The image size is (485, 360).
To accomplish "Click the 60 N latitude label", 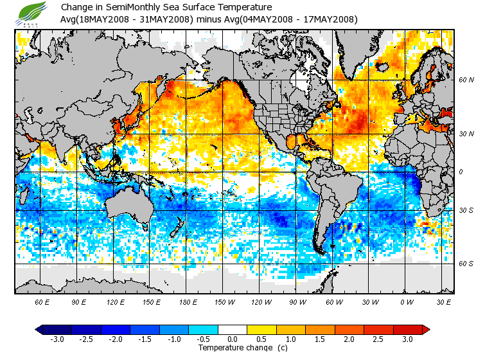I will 466,80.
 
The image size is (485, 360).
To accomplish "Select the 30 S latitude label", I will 466,210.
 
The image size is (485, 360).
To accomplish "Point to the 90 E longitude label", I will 79,301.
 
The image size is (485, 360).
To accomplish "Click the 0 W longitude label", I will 407,301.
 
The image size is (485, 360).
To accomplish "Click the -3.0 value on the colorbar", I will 57,339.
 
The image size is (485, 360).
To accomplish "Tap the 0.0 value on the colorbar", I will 233,339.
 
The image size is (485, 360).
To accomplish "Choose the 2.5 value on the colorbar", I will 378,339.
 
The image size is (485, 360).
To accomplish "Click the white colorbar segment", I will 233,329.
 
